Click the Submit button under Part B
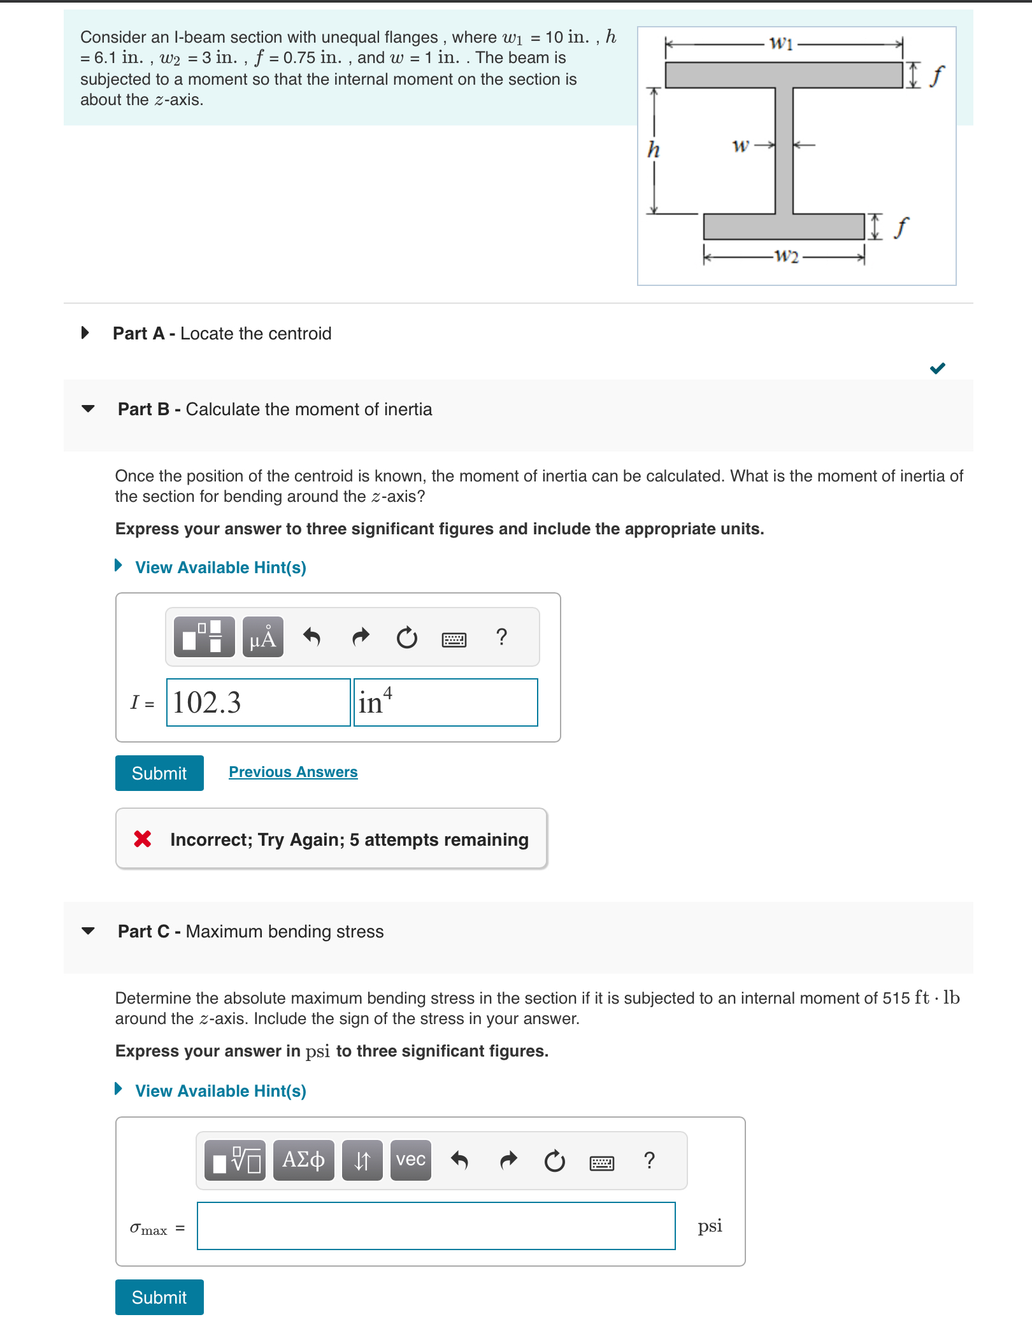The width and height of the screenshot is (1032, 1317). (159, 772)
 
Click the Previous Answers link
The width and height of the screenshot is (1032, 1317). (293, 772)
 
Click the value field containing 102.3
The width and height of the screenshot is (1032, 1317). (258, 702)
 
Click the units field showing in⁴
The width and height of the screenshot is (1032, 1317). (445, 702)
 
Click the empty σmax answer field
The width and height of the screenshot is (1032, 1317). (436, 1226)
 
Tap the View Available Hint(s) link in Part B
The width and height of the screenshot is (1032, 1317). (220, 567)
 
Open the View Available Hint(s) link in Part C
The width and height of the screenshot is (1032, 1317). (220, 1091)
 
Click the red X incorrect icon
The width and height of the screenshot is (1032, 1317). (143, 839)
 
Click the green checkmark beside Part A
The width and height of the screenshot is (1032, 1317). (937, 368)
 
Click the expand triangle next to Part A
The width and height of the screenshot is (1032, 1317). (85, 332)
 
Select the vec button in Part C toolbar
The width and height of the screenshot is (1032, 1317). (410, 1160)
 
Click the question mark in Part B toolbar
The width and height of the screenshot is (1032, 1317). (501, 637)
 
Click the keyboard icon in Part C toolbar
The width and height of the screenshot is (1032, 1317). (601, 1163)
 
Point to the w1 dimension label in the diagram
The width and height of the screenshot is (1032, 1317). (781, 43)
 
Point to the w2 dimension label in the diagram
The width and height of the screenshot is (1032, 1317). (786, 256)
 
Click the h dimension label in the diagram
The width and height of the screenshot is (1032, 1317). (654, 150)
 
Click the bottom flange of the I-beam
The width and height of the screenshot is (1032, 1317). (784, 227)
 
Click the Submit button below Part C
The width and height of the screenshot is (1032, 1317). (159, 1297)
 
